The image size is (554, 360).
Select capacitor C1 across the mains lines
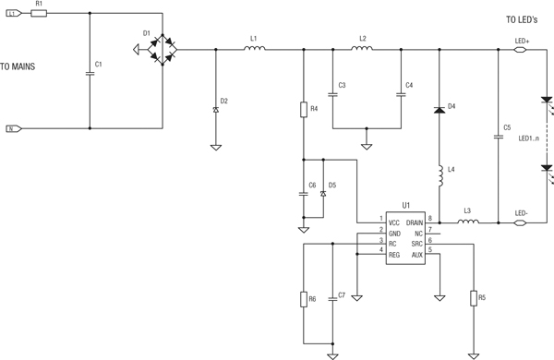tap(90, 72)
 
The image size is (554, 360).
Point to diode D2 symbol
tap(215, 109)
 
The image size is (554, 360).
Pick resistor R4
tap(303, 109)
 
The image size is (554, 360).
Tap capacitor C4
tap(401, 93)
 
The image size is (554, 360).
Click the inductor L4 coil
tap(439, 175)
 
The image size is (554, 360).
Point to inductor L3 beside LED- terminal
tap(468, 222)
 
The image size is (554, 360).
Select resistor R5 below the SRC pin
tap(473, 297)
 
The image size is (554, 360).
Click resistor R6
tap(303, 299)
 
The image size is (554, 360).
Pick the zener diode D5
tap(322, 194)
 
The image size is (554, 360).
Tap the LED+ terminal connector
tap(521, 49)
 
